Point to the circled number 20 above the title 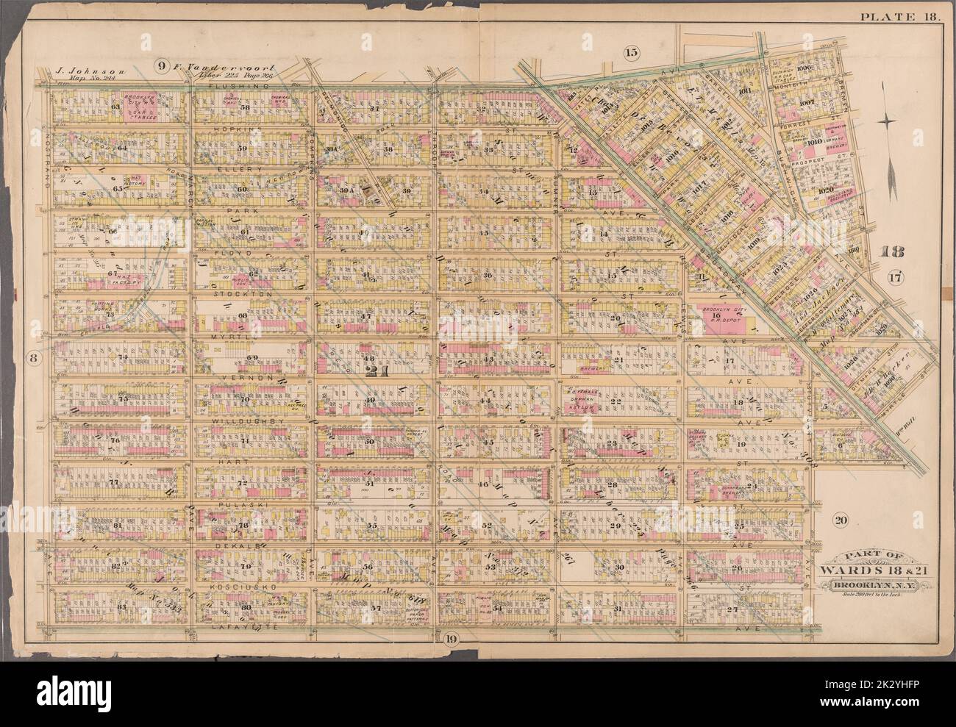[841, 520]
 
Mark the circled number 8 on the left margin [33, 358]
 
